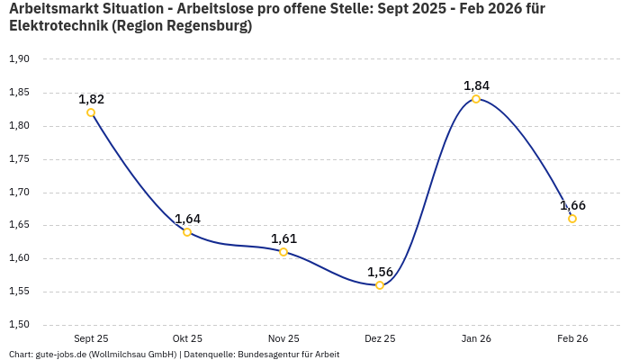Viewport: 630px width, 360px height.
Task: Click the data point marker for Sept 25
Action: pos(91,112)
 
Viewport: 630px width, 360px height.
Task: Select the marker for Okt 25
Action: pos(187,232)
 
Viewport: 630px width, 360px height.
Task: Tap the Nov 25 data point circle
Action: pos(283,252)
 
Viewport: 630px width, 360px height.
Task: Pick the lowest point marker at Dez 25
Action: pos(380,285)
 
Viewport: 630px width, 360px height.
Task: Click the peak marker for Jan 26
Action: pos(476,99)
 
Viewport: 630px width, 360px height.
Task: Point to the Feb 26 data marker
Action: pos(572,219)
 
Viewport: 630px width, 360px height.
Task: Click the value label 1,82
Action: pos(91,99)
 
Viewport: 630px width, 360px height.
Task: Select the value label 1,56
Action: pos(381,272)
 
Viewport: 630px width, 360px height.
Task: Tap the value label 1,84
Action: pos(476,85)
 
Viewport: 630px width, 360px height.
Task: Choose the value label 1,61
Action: pos(283,238)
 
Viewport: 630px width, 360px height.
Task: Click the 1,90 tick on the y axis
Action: pos(19,59)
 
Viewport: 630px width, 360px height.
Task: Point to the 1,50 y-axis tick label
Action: pos(19,325)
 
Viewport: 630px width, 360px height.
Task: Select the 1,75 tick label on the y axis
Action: pos(19,159)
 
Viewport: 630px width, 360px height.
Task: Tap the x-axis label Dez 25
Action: pos(380,338)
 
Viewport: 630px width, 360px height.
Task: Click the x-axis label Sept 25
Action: pos(91,338)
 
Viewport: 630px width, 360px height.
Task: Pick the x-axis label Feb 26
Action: pos(572,338)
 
